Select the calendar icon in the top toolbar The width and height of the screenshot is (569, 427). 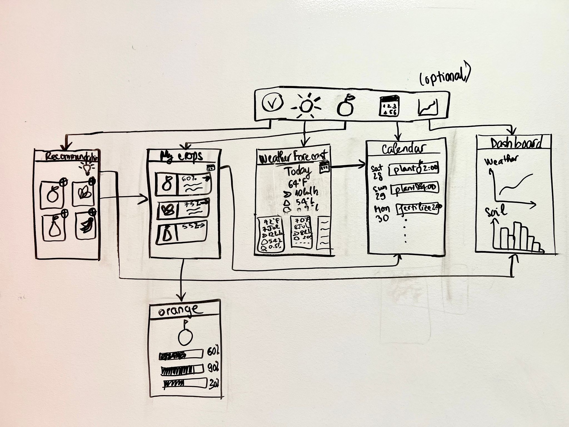(389, 106)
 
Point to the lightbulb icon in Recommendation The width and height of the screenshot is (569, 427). (87, 168)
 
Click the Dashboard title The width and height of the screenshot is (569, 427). (516, 143)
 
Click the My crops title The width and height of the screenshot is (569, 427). (182, 157)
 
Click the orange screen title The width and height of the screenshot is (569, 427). (179, 310)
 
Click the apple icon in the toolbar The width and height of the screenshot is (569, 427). (345, 106)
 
